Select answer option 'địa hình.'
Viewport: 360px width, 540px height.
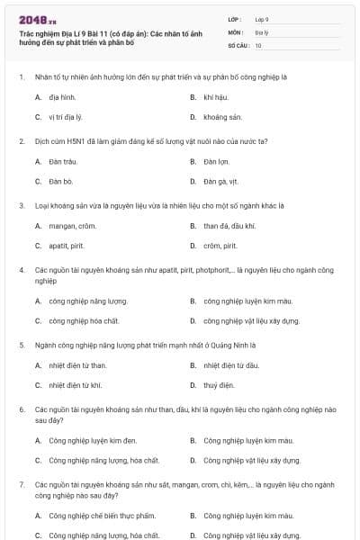(x=62, y=95)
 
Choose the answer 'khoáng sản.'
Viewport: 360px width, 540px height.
(x=223, y=117)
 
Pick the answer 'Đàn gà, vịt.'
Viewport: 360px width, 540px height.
(x=222, y=182)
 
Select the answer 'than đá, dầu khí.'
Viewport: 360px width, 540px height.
(x=229, y=225)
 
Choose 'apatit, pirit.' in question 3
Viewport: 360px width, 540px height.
(x=66, y=246)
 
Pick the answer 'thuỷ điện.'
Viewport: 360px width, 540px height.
(x=219, y=385)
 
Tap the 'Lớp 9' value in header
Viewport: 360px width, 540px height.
(x=262, y=19)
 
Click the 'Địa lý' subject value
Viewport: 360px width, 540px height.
(x=261, y=31)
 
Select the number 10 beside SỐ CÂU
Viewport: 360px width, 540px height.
(x=258, y=45)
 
